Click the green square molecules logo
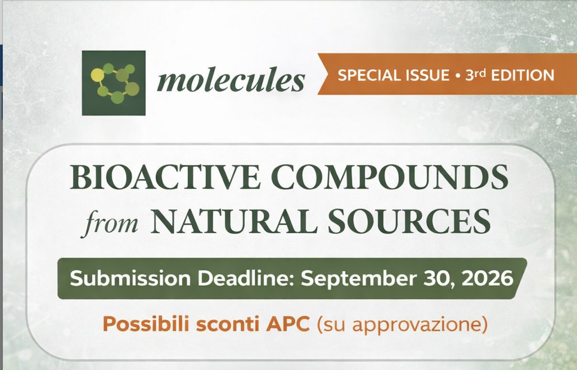(x=114, y=83)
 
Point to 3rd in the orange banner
(x=475, y=75)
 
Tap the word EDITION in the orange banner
(x=523, y=75)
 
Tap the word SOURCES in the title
(x=409, y=221)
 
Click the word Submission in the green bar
(x=130, y=279)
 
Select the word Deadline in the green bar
(x=246, y=279)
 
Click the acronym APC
(x=287, y=325)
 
